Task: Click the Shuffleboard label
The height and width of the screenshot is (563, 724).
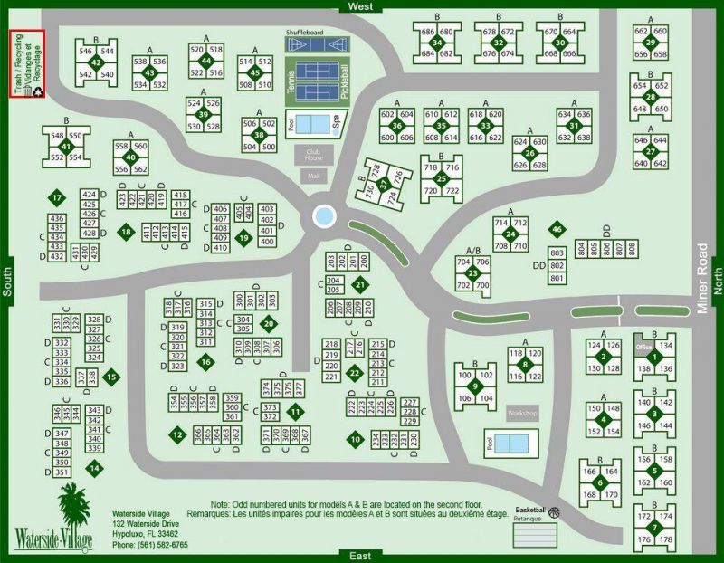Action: pos(305,33)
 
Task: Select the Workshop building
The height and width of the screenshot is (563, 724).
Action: pos(522,414)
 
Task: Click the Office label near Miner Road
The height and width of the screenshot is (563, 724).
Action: pos(644,347)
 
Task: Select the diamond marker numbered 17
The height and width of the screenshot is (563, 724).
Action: pos(56,198)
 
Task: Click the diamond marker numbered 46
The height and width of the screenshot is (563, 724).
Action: pos(557,229)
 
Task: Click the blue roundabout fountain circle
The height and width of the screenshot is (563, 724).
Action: pos(323,216)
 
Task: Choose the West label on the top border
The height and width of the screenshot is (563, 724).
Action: pos(353,6)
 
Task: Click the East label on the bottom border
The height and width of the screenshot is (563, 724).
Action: pos(353,556)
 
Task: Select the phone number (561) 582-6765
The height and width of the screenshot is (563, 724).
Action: pos(150,546)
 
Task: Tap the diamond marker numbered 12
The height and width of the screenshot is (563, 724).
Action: pos(176,434)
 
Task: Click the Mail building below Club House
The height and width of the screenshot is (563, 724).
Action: pos(314,176)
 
